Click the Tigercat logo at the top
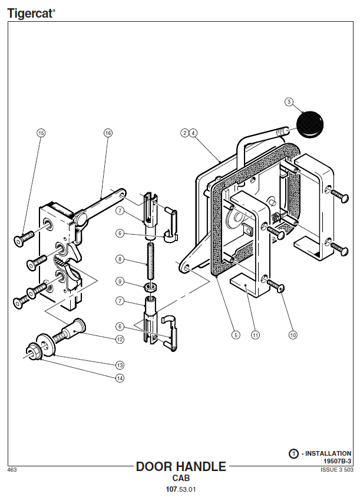[31, 14]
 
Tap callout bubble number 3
[289, 102]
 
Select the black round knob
[310, 124]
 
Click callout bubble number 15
[41, 133]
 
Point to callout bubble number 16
[108, 133]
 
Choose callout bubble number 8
[120, 259]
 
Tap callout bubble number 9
[120, 281]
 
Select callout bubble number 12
[120, 339]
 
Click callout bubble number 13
[120, 365]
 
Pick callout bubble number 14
[120, 378]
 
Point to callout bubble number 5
[236, 335]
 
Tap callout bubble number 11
[256, 335]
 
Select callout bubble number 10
[293, 335]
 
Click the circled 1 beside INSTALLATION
[293, 453]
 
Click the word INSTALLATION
[328, 453]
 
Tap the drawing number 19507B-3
[337, 461]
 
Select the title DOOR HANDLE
[181, 466]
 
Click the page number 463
[12, 470]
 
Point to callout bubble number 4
[193, 133]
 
